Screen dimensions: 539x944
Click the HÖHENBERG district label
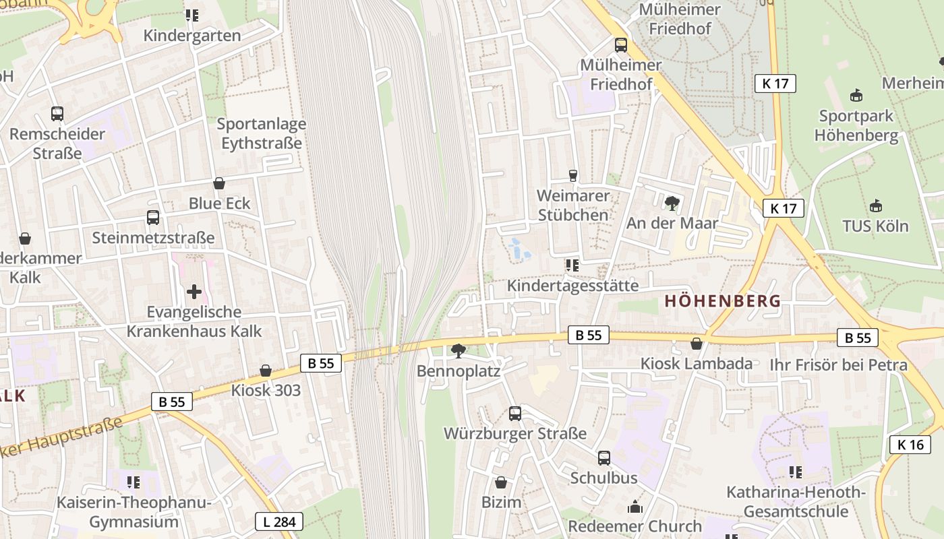click(x=722, y=301)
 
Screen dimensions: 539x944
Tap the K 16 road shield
click(x=910, y=445)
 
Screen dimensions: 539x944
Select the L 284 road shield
click(x=279, y=521)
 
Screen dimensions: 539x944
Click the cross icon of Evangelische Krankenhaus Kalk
click(x=194, y=292)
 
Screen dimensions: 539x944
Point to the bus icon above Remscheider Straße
click(x=57, y=114)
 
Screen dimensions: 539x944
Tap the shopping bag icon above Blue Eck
click(x=219, y=183)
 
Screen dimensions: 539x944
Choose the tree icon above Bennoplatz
click(x=459, y=350)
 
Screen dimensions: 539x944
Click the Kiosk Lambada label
click(x=696, y=364)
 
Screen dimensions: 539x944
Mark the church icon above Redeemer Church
click(x=635, y=507)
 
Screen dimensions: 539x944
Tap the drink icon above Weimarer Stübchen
click(x=573, y=176)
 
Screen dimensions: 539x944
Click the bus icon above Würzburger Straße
click(x=515, y=414)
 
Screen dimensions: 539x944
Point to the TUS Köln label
click(x=875, y=226)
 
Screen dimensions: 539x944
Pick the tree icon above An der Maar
click(x=672, y=203)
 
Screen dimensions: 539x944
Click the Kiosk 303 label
click(x=266, y=390)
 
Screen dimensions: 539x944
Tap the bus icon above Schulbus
click(x=604, y=458)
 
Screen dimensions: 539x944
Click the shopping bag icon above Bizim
click(x=501, y=482)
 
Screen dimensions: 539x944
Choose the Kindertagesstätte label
click(x=572, y=286)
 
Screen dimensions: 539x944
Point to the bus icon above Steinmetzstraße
click(x=153, y=218)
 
